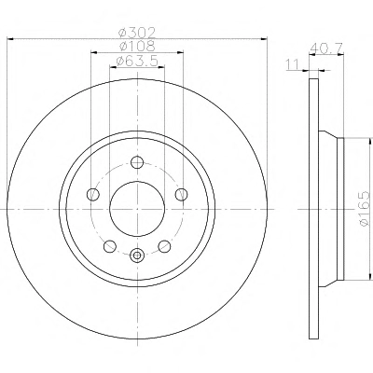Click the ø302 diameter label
pyautogui.click(x=137, y=33)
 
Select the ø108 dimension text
pyautogui.click(x=137, y=47)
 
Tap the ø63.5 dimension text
pyautogui.click(x=137, y=61)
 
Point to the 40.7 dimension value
pyautogui.click(x=326, y=48)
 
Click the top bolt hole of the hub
pyautogui.click(x=137, y=162)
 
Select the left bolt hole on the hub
pyautogui.click(x=93, y=195)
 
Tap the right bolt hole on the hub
pyautogui.click(x=181, y=195)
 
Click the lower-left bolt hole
pyautogui.click(x=110, y=246)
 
